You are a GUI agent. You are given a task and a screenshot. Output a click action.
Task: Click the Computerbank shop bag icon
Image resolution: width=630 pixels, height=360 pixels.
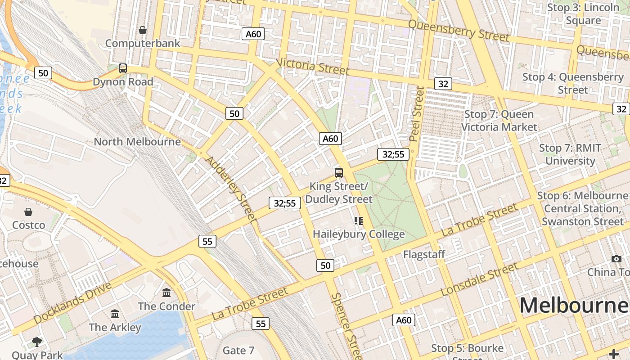(x=143, y=30)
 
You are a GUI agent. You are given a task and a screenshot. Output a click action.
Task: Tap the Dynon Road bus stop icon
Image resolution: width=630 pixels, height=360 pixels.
(x=122, y=68)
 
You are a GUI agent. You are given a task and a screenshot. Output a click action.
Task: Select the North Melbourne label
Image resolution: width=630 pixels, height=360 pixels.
(x=137, y=142)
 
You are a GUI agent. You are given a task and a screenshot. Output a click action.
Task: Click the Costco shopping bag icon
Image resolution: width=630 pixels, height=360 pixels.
(x=28, y=212)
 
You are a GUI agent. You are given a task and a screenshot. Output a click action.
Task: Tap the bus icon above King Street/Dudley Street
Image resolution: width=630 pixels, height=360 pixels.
(x=339, y=172)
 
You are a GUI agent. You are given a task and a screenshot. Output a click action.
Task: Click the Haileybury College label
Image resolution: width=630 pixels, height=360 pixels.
(x=359, y=234)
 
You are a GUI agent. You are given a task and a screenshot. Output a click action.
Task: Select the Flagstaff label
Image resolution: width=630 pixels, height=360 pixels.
(x=424, y=254)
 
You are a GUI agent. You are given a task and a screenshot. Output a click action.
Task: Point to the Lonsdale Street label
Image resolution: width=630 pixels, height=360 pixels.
(x=480, y=279)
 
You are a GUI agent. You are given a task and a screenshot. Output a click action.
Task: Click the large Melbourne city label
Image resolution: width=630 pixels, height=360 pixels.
(x=574, y=305)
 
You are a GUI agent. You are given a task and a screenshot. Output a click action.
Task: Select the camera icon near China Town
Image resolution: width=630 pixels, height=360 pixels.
(x=616, y=259)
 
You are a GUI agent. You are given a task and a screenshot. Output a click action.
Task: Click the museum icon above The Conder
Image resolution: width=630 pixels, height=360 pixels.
(x=166, y=293)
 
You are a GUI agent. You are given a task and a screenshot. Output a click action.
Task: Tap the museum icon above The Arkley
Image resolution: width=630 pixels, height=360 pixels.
(x=115, y=314)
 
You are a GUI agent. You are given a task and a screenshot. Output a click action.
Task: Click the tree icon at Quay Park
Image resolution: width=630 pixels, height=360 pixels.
(x=37, y=342)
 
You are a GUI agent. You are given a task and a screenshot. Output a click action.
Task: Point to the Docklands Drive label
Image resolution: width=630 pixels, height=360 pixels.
(x=72, y=303)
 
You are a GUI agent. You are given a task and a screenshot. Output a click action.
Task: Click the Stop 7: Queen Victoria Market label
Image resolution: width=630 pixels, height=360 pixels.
(x=499, y=121)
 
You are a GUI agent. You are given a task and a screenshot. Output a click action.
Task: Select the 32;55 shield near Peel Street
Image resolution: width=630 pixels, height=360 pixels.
(x=393, y=154)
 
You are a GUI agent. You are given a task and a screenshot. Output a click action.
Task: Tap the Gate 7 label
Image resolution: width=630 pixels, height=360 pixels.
(x=238, y=350)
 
